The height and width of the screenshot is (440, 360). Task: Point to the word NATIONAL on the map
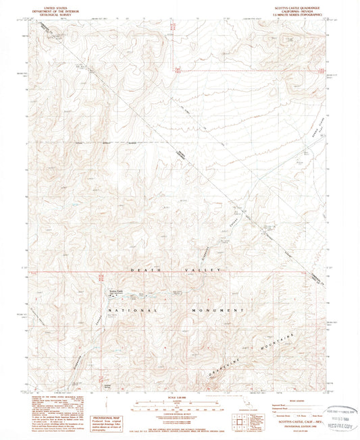(130, 310)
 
